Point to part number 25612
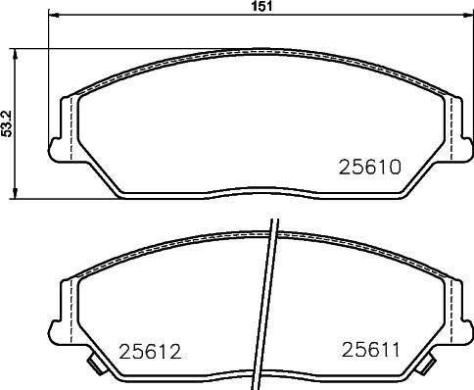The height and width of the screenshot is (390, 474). point(150,350)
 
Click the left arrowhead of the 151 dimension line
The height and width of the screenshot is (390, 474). point(52,16)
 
